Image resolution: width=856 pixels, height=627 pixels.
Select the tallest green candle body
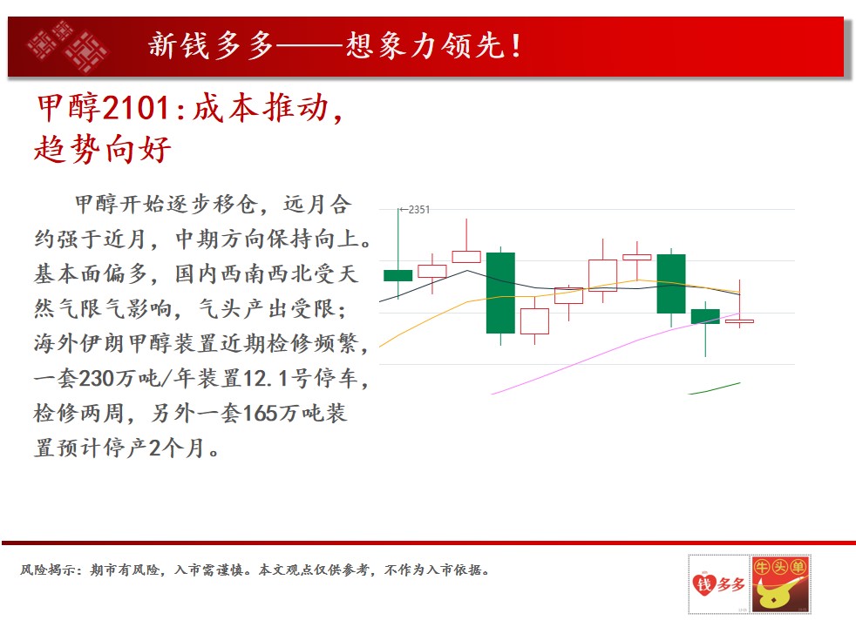[x=500, y=293]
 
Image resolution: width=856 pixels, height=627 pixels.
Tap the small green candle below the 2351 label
[x=398, y=275]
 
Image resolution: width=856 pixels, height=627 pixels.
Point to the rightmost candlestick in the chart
[x=740, y=321]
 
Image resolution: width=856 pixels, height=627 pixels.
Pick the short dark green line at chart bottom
[x=714, y=388]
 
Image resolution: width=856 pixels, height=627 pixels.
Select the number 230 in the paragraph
[x=95, y=378]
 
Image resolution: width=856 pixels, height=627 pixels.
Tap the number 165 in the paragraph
[x=259, y=413]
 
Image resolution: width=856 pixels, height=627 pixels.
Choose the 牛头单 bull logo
[x=780, y=584]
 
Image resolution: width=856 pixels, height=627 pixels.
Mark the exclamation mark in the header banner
[x=515, y=46]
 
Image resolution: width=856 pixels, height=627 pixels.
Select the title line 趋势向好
[x=103, y=149]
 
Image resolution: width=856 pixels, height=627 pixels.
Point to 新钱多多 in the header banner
[x=211, y=45]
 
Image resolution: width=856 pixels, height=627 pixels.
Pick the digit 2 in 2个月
[x=155, y=448]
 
